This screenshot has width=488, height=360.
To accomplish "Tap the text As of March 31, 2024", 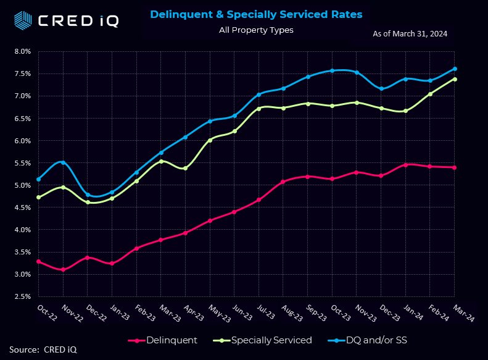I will [x=410, y=34].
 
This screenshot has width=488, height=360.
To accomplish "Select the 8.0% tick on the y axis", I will [x=22, y=51].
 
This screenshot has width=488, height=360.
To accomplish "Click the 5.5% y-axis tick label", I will [x=22, y=163].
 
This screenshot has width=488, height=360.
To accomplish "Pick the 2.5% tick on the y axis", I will [x=22, y=297].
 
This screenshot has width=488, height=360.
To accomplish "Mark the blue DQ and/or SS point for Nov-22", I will [x=63, y=162].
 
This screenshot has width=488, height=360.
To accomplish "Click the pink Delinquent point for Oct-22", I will [x=39, y=262].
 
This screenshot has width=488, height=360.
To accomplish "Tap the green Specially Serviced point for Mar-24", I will [x=455, y=79].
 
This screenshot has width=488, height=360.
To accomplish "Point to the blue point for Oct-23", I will [x=332, y=70].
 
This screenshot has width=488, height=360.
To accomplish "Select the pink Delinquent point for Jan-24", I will [x=406, y=165].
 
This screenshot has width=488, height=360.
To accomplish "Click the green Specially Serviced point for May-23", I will [x=210, y=140].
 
